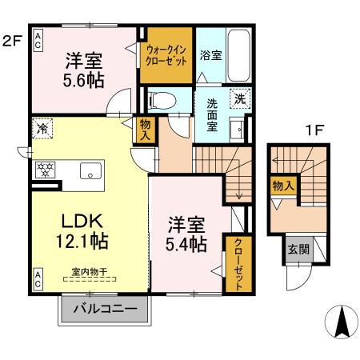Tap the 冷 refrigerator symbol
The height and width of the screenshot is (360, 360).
point(40,127)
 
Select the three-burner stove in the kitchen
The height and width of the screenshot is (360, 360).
point(44,170)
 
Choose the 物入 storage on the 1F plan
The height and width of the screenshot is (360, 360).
point(283,186)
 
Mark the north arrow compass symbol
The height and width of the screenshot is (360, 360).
point(342,322)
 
